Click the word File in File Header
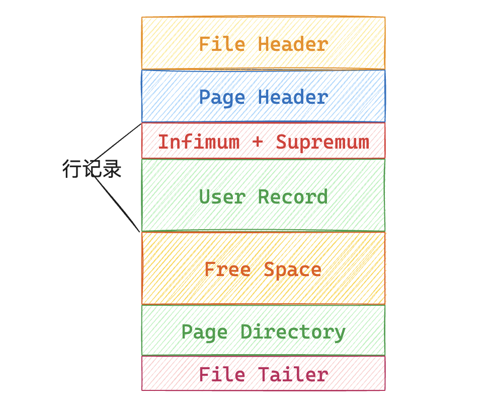(x=222, y=44)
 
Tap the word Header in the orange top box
(x=293, y=44)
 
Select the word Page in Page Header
(x=222, y=97)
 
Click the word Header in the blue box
(x=293, y=97)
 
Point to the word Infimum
(x=199, y=142)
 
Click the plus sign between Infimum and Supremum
(x=258, y=142)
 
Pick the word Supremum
(x=322, y=142)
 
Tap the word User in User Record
(x=222, y=196)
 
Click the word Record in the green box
(x=293, y=196)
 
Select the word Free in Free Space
(x=227, y=270)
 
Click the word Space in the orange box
(x=293, y=270)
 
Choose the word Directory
(x=293, y=332)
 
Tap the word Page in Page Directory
(x=204, y=332)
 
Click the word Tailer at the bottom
(x=293, y=375)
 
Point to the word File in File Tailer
(x=222, y=375)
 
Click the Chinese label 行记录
(x=92, y=169)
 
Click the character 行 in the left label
(x=72, y=169)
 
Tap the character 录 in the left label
(x=112, y=169)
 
